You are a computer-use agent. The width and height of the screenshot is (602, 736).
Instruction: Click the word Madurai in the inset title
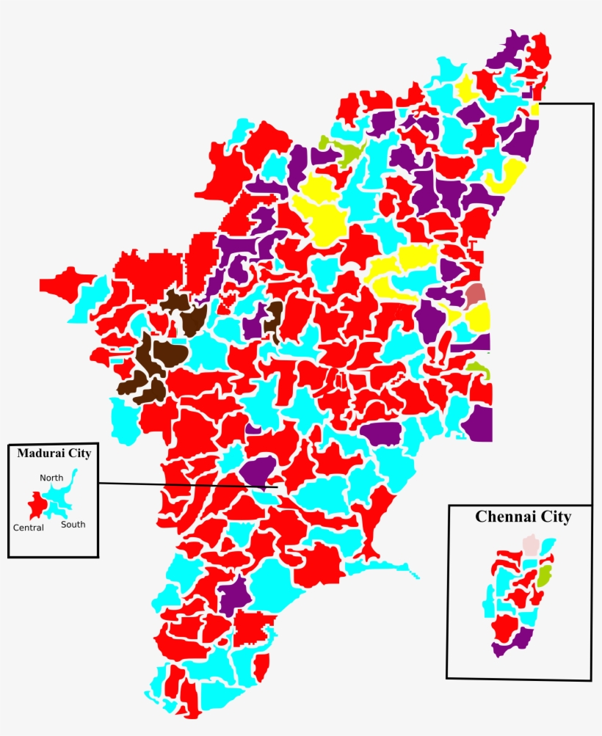pyautogui.click(x=41, y=453)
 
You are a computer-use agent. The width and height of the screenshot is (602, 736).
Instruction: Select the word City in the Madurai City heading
pyautogui.click(x=79, y=453)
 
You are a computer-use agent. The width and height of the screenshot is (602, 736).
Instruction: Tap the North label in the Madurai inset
pyautogui.click(x=51, y=478)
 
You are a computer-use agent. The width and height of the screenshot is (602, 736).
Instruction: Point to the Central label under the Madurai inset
pyautogui.click(x=29, y=528)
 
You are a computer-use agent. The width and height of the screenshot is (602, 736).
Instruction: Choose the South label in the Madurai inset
pyautogui.click(x=73, y=525)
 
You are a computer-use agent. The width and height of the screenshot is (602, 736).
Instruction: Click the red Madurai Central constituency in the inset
pyautogui.click(x=35, y=505)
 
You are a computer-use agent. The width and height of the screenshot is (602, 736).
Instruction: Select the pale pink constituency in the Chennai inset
pyautogui.click(x=530, y=546)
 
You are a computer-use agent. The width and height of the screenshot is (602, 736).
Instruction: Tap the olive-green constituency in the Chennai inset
pyautogui.click(x=544, y=575)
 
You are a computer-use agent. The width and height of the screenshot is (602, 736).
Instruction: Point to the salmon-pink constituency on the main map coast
pyautogui.click(x=476, y=294)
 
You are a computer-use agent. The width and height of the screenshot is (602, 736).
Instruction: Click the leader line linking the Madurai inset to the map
pyautogui.click(x=184, y=484)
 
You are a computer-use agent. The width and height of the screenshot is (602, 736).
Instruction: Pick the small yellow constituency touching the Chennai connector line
pyautogui.click(x=535, y=109)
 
